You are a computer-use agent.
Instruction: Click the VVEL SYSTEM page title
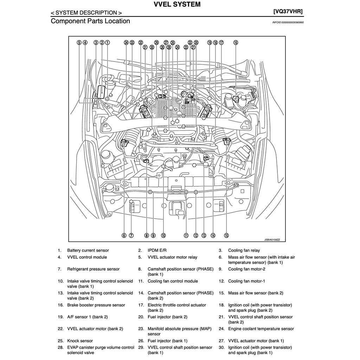click(x=177, y=5)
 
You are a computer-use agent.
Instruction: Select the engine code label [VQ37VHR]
click(x=288, y=11)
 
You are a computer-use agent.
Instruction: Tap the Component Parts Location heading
click(x=90, y=21)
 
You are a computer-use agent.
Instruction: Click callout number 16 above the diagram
click(x=236, y=43)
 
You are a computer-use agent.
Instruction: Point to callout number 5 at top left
click(x=79, y=43)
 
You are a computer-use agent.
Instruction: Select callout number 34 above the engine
click(x=126, y=43)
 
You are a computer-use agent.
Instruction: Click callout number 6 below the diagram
click(x=124, y=236)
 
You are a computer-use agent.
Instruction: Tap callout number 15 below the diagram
click(x=226, y=236)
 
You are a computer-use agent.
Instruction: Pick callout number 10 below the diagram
click(x=163, y=236)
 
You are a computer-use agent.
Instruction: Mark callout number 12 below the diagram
click(x=196, y=236)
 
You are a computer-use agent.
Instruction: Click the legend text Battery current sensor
click(x=88, y=251)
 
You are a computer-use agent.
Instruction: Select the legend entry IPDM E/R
click(x=157, y=251)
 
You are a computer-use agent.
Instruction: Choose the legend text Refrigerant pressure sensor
click(x=93, y=269)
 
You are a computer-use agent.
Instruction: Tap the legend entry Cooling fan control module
click(x=173, y=281)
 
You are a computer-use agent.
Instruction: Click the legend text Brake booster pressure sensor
click(x=96, y=305)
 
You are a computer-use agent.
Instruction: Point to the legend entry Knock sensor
click(x=80, y=341)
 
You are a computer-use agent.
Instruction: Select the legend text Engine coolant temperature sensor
click(x=261, y=329)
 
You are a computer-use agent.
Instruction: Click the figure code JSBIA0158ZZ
click(x=272, y=240)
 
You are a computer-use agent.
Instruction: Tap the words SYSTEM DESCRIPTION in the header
click(x=86, y=13)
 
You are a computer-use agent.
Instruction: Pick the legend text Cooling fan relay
click(x=244, y=251)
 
